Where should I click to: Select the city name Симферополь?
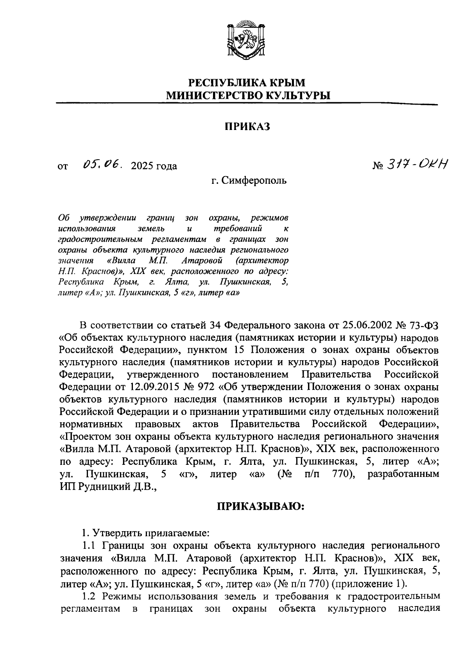254,181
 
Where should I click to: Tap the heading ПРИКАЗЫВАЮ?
261,507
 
